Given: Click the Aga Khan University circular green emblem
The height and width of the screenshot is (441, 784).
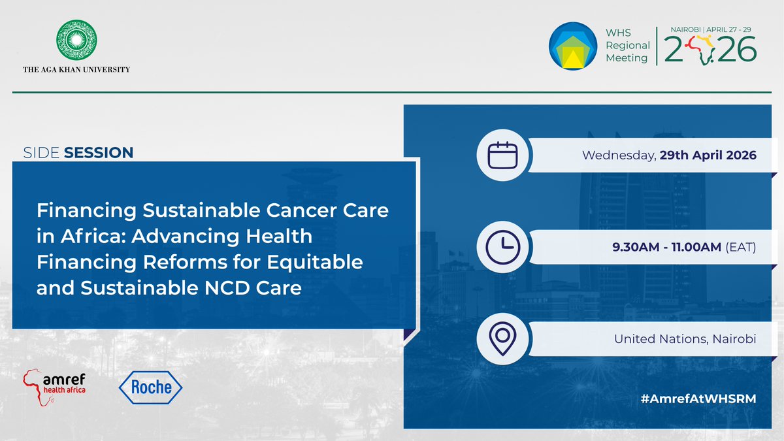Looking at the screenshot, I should click(76, 41).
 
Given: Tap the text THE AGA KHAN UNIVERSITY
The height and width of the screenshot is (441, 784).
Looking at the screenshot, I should click(76, 70).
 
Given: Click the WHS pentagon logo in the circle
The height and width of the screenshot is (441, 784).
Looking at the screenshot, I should click(572, 46).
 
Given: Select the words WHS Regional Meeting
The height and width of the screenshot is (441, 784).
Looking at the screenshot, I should click(627, 46).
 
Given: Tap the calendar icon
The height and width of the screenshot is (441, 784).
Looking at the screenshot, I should click(502, 155).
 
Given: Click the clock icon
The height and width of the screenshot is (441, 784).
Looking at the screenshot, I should click(502, 247).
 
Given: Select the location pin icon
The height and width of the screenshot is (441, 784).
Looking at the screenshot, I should click(502, 338).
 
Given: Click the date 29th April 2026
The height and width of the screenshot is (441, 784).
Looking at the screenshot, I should click(717, 155).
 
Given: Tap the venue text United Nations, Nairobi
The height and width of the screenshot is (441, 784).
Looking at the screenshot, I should click(685, 339).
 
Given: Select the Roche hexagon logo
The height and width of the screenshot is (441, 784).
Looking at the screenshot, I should click(150, 387).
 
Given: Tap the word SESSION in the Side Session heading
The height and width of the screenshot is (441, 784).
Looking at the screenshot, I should click(99, 153).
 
